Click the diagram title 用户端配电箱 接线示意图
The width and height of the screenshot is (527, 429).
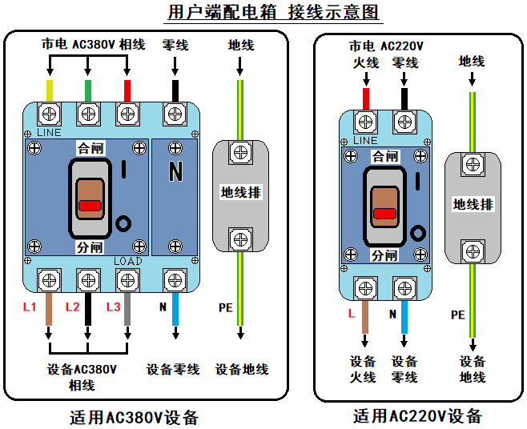[263, 13]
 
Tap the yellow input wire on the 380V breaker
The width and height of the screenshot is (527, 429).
[50, 90]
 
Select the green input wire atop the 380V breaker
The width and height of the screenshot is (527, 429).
[87, 90]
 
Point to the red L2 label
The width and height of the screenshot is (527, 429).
[72, 307]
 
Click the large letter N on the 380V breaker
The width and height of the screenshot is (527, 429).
[176, 170]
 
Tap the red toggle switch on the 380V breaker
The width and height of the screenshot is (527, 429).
[90, 205]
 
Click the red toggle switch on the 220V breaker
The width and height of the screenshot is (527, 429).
[384, 213]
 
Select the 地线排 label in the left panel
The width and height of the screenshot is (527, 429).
[241, 193]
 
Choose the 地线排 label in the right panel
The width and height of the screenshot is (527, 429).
[473, 205]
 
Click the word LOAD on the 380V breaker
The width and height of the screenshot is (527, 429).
[128, 262]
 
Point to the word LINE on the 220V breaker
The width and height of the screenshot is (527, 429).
[364, 141]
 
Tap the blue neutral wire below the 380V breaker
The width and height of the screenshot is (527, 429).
[175, 308]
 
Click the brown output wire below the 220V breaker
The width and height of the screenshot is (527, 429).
[366, 315]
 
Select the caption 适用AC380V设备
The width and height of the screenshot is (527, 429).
[134, 417]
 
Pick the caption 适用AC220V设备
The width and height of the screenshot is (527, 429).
[417, 415]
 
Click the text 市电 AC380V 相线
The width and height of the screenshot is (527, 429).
[93, 44]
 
